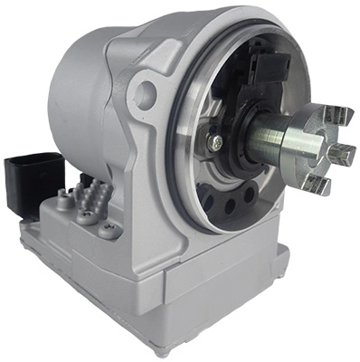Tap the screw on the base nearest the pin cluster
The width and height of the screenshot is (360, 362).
pos(85,214)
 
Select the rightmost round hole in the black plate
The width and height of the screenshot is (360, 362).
pos(248,194)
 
